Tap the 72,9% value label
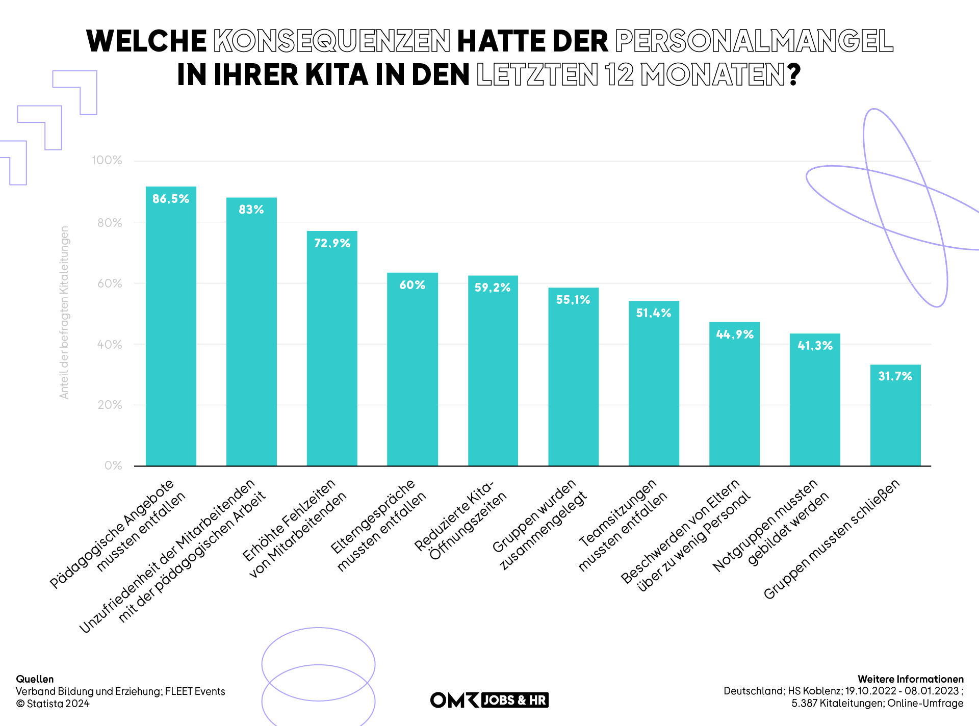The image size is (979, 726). [x=332, y=243]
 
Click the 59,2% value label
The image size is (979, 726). [x=492, y=288]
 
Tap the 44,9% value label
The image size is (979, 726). [x=734, y=334]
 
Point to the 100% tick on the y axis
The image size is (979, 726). [x=107, y=160]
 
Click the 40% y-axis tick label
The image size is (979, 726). [x=110, y=344]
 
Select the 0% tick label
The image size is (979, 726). [x=113, y=465]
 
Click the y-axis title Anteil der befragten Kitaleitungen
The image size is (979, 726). [x=64, y=312]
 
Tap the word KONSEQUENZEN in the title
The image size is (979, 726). [x=331, y=41]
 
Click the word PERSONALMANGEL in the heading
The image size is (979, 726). [x=754, y=41]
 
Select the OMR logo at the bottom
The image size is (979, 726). [x=454, y=700]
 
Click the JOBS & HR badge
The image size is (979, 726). [x=514, y=700]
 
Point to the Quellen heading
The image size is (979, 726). [x=35, y=679]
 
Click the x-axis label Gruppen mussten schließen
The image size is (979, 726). [x=831, y=539]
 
